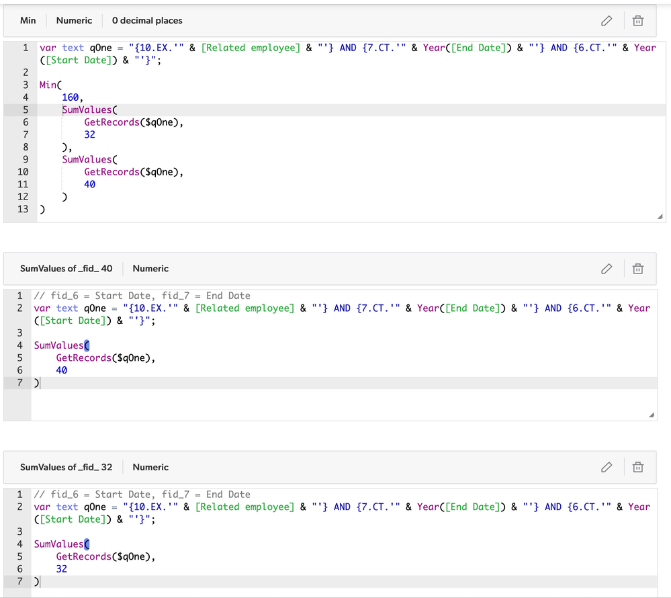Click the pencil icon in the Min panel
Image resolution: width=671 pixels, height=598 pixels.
607,21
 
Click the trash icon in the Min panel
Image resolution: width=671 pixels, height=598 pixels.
638,21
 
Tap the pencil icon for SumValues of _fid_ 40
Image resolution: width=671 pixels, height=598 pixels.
607,269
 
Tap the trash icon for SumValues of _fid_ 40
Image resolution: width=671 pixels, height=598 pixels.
638,269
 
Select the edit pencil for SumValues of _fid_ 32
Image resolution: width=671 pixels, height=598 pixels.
607,467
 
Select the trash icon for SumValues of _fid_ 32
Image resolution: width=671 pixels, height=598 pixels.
638,467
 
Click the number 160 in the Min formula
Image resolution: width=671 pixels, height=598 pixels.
70,97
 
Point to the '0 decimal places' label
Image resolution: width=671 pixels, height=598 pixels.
147,21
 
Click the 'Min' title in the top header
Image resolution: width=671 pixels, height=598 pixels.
28,21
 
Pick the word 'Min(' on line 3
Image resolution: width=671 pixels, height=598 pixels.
50,85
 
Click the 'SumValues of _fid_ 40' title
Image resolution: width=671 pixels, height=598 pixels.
66,268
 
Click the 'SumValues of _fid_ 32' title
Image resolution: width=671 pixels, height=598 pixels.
66,467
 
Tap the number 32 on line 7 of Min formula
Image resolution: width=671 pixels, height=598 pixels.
89,134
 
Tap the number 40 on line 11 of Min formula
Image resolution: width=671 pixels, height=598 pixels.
89,184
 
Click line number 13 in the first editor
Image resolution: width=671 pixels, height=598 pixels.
23,209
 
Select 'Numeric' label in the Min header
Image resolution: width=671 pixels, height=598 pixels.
74,21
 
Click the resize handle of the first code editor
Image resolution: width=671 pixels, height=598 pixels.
660,216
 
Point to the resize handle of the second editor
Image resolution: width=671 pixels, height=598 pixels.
652,415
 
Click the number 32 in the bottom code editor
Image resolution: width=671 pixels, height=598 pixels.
62,569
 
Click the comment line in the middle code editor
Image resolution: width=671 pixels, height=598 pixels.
142,296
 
